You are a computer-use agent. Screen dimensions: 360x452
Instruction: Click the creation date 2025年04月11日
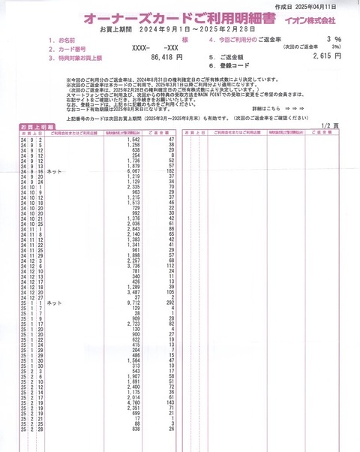(328, 5)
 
